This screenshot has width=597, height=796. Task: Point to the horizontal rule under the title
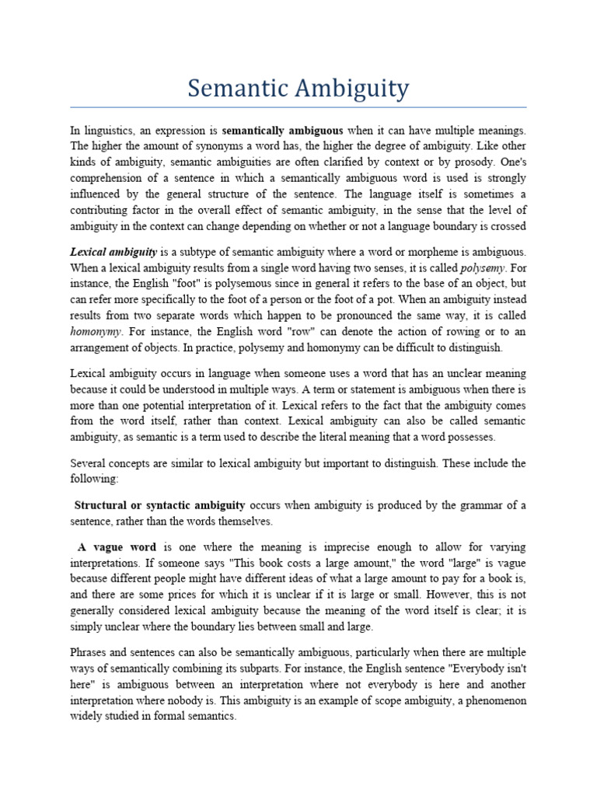298,107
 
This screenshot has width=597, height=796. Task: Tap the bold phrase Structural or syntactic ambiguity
159,505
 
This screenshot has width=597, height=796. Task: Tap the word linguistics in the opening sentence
115,131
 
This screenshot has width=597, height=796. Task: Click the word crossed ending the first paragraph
508,226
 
